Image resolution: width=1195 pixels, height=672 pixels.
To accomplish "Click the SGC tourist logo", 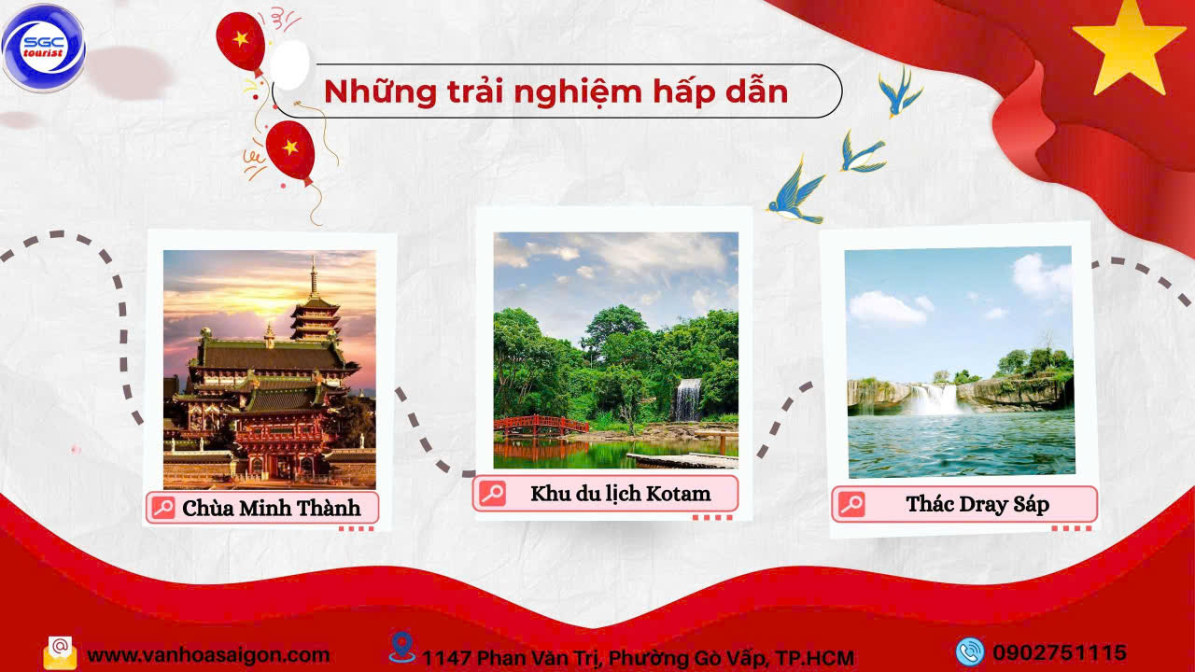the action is tap(43, 48).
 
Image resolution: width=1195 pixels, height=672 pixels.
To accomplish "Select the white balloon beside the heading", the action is tap(289, 65).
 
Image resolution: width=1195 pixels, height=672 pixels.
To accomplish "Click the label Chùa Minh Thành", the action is tap(271, 509).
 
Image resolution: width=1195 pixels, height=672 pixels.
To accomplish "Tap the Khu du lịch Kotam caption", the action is tap(621, 494).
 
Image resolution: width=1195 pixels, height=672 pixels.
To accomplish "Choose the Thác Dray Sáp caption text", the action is tap(977, 505).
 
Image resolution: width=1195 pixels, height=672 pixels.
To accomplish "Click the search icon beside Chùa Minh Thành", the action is tap(162, 507).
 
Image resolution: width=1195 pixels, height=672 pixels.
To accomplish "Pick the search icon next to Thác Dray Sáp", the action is tap(851, 504).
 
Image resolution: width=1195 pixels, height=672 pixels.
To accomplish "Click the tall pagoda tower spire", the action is tap(315, 277).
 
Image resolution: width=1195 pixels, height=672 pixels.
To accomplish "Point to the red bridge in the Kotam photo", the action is tap(541, 425).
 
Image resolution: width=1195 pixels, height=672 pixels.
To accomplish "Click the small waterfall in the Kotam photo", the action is tap(688, 399).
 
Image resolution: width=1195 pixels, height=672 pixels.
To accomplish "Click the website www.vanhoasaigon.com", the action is tap(208, 655).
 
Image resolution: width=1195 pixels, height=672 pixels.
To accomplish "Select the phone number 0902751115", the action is tap(1060, 652).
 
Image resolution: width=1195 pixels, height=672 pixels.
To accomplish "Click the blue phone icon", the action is tap(969, 651).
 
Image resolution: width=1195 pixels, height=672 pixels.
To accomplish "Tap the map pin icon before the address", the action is tap(401, 647).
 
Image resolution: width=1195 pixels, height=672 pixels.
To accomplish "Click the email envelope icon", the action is tap(60, 652).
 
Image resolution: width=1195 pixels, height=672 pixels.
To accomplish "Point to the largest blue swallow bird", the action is tap(796, 192).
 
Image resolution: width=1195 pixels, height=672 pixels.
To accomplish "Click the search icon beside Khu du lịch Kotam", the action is tap(492, 494).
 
